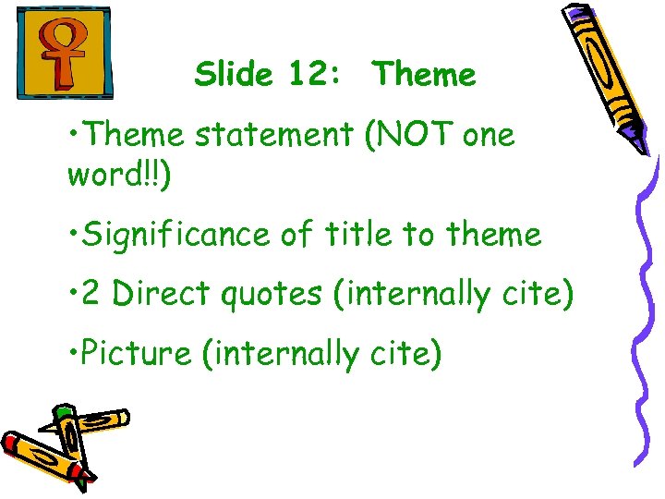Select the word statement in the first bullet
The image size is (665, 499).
click(273, 136)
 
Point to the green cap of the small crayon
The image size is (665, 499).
click(63, 410)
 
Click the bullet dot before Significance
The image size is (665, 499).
click(72, 235)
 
